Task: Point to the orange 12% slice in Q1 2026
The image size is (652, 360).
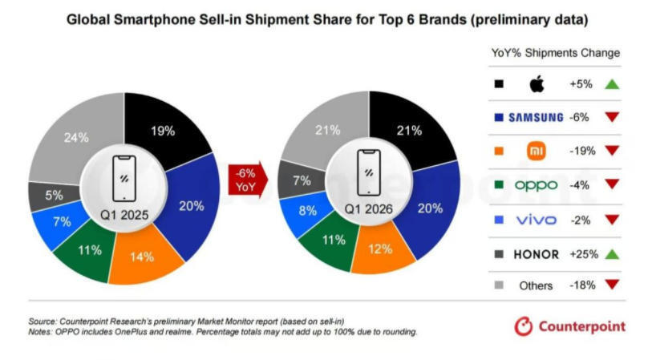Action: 380,249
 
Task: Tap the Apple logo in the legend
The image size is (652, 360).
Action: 537,84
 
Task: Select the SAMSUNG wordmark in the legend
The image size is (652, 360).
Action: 536,118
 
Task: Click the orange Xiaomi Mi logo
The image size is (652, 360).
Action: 537,151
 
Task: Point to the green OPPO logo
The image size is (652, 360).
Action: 536,185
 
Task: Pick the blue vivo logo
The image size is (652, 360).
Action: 537,220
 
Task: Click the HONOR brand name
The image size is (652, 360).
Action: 537,254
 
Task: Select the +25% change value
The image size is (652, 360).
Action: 584,254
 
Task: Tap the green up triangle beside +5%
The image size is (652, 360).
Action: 612,84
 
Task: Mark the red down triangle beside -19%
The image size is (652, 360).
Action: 612,150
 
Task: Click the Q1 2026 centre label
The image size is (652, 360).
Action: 368,208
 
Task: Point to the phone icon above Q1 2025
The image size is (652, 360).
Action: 124,178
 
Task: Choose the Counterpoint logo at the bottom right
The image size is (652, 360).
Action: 569,326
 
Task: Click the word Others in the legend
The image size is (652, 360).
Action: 536,285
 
